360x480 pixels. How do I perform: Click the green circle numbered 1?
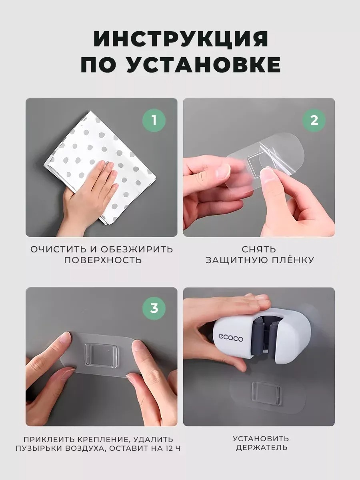(154, 120)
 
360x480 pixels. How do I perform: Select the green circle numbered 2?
(314, 120)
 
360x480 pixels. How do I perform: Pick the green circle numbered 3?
(154, 308)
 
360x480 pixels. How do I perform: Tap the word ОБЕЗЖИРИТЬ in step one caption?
(137, 249)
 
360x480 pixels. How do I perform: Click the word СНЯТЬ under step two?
(259, 249)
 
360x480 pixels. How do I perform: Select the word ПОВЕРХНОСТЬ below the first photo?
(103, 260)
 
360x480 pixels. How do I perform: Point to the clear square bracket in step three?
(100, 354)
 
